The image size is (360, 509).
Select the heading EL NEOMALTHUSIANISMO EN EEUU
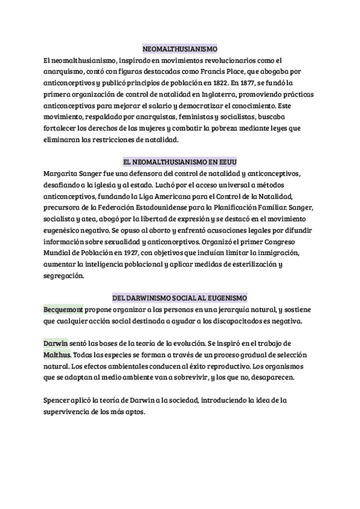179,162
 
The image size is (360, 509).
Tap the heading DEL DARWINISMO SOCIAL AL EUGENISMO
179,298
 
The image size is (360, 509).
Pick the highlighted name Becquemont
65,310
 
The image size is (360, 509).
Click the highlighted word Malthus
59,355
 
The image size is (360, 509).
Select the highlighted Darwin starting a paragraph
55,343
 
